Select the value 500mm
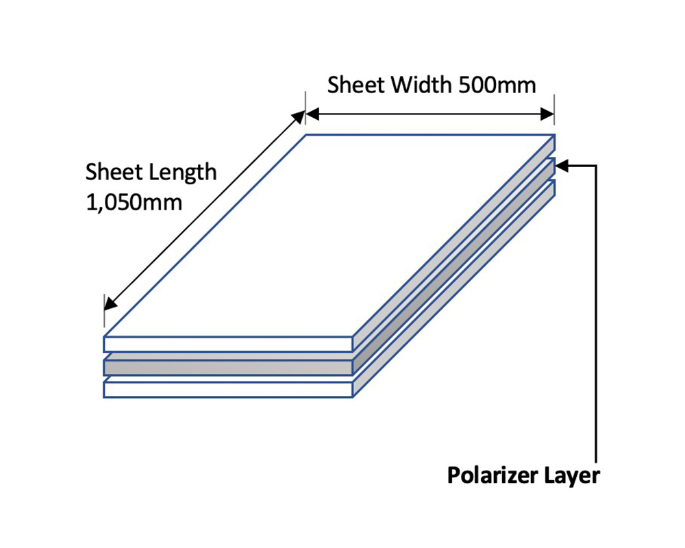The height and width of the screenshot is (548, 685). [x=497, y=85]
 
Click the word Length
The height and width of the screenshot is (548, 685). [x=183, y=173]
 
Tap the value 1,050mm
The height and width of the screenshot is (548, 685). [x=134, y=203]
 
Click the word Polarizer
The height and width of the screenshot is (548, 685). [x=492, y=475]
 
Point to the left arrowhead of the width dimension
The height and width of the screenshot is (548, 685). [x=312, y=114]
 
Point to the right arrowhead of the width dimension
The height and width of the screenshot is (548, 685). [x=547, y=114]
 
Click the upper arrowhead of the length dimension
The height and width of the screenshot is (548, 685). [x=299, y=118]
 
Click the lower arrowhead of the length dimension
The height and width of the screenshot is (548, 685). [x=110, y=303]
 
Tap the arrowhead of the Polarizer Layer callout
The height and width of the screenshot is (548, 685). [x=562, y=166]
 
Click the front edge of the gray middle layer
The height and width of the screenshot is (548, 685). [x=227, y=368]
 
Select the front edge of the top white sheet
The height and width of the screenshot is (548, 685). [x=227, y=345]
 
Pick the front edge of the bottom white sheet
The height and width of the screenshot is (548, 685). [x=227, y=389]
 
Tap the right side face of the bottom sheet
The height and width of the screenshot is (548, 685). [x=454, y=288]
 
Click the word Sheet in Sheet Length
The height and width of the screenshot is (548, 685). [x=114, y=172]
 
